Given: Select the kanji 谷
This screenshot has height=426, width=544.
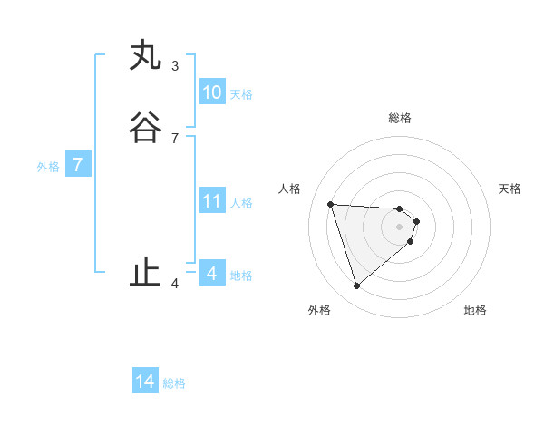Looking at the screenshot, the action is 145,129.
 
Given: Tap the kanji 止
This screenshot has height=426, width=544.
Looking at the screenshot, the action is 145,273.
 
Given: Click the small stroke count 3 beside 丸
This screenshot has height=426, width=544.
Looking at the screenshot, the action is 174,66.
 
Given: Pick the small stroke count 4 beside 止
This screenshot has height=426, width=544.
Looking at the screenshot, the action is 174,283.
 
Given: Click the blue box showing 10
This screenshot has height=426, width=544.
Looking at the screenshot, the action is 211,92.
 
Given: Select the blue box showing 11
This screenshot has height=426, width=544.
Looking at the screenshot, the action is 211,201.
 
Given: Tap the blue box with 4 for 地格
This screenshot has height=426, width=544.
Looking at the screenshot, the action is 211,274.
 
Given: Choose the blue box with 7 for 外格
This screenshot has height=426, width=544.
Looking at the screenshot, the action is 78,166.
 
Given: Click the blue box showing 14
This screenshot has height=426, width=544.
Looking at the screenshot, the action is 145,382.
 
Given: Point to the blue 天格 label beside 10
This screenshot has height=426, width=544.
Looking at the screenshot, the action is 241,93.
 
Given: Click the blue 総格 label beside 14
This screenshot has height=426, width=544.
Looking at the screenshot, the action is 174,383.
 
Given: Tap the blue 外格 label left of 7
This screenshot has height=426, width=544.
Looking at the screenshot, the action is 48,167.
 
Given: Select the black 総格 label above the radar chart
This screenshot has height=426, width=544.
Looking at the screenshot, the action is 400,118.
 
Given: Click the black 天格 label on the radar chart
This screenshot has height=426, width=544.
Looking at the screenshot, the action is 510,189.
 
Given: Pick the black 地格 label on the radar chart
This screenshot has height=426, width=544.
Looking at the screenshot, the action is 475,310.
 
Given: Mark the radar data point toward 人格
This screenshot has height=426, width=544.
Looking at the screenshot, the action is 331,204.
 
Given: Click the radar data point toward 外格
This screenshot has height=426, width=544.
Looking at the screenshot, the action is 356,286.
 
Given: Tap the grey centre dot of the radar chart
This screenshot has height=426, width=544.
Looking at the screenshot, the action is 400,227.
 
